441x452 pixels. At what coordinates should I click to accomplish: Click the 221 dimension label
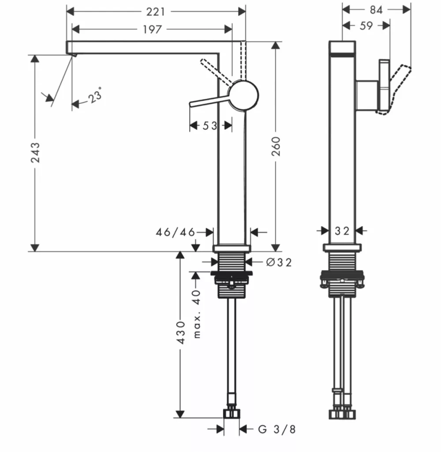point(156,12)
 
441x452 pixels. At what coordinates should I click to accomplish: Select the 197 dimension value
point(152,30)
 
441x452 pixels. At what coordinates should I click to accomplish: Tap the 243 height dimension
point(35,152)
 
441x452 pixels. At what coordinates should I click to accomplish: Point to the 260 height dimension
point(276,146)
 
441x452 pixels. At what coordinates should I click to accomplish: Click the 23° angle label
point(95,95)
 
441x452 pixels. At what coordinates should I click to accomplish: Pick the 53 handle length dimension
point(210,126)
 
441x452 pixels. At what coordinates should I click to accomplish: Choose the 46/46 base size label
point(175,232)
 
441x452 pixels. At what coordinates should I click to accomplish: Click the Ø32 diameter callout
point(279,262)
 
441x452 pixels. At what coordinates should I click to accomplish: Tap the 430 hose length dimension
point(181,332)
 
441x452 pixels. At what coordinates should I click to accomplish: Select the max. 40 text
point(197,314)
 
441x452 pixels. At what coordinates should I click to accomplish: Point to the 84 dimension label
point(376,10)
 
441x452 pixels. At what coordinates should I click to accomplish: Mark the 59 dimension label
point(366,26)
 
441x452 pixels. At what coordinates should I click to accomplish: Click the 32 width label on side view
point(342,231)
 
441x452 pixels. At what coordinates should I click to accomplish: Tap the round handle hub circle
point(243,95)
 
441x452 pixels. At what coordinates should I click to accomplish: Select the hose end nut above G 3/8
point(232,413)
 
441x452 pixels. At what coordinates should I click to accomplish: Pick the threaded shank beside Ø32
point(232,262)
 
